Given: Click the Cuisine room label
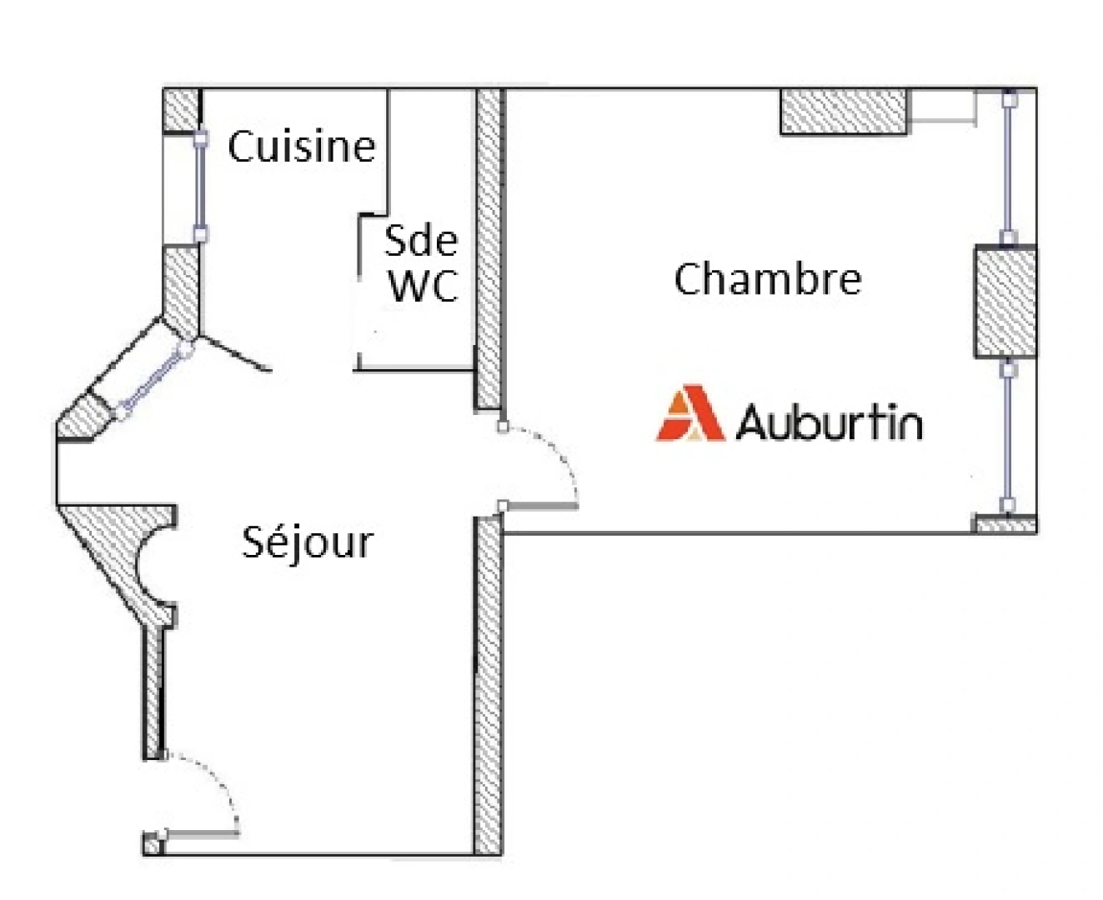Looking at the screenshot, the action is click(x=302, y=146).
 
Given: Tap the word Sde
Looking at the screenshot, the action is click(x=421, y=241).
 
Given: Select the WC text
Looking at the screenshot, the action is click(x=423, y=286).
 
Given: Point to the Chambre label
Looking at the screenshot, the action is click(x=768, y=279).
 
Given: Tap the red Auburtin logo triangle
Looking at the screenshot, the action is click(x=690, y=412).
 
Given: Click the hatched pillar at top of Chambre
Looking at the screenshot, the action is click(x=844, y=112).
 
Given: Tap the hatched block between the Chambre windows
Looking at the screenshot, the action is click(x=1005, y=302).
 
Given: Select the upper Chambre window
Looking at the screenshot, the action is click(x=1008, y=167).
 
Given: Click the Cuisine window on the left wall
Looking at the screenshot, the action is click(x=200, y=187).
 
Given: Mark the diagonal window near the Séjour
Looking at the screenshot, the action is click(x=153, y=378).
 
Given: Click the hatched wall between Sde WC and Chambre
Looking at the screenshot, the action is click(x=489, y=249).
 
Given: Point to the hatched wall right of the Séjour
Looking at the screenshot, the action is click(x=488, y=686).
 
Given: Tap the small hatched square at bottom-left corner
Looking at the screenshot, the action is click(x=153, y=845).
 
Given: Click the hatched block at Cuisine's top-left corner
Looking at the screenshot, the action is click(x=181, y=110).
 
